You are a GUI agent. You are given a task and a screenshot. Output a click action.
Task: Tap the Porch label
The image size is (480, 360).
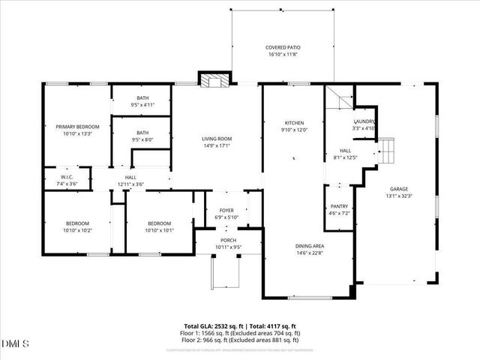[227, 244]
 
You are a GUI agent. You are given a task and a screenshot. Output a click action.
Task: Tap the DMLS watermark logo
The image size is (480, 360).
[16, 343]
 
